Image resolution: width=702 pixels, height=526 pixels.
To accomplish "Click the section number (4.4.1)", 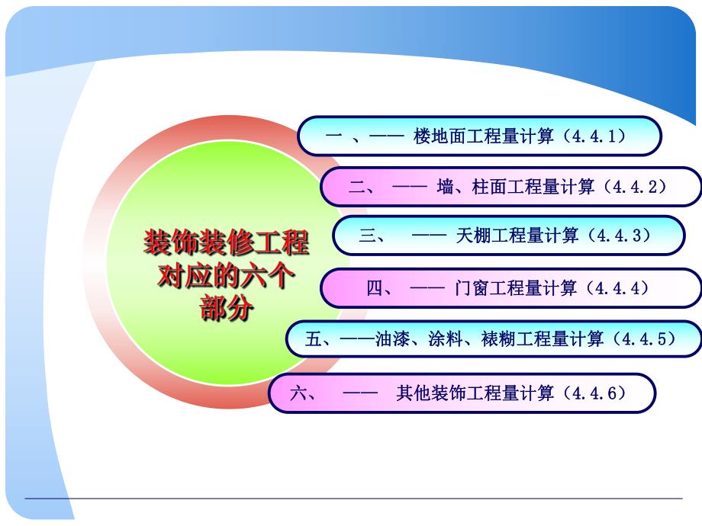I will pyautogui.click(x=597, y=136).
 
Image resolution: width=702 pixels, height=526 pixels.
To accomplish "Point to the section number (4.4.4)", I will pyautogui.click(x=617, y=288).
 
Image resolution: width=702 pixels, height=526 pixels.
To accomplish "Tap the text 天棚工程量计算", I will pyautogui.click(x=517, y=236).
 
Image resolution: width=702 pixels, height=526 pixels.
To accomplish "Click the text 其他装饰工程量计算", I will pyautogui.click(x=475, y=393).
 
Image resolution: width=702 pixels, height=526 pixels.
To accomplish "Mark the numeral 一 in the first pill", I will pyautogui.click(x=333, y=136).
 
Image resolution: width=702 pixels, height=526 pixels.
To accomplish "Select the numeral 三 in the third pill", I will pyautogui.click(x=368, y=236).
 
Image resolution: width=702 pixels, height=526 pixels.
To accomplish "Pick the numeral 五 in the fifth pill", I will pyautogui.click(x=313, y=339).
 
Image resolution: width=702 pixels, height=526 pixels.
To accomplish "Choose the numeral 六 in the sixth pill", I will pyautogui.click(x=298, y=393).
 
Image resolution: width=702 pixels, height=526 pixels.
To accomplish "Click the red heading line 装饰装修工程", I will pyautogui.click(x=226, y=243).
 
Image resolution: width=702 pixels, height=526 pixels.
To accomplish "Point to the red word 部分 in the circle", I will pyautogui.click(x=226, y=309).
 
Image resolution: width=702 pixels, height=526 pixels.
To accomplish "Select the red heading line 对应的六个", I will pyautogui.click(x=226, y=276).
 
